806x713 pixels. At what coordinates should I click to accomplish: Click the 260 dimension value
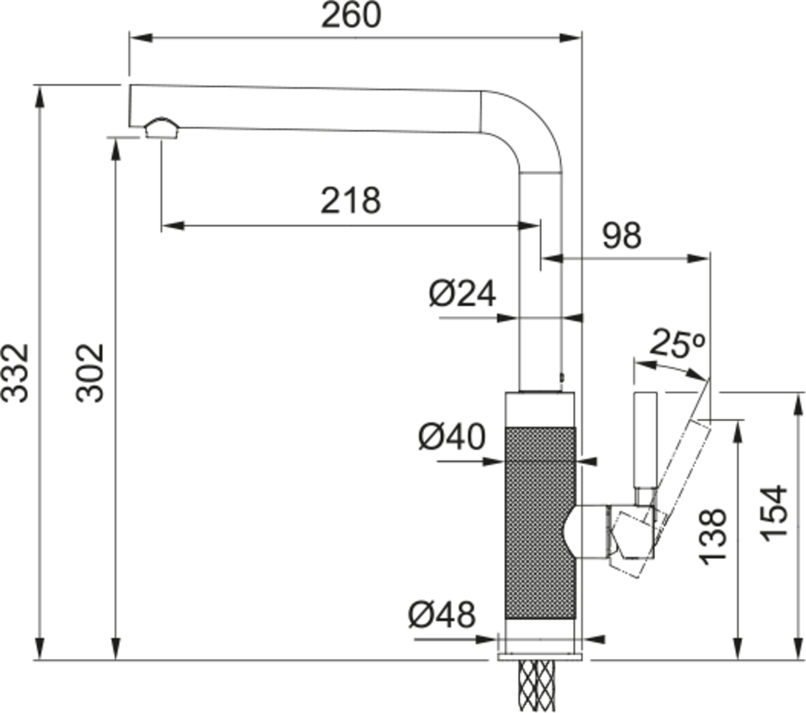pos(351,15)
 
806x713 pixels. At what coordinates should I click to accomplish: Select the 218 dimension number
pos(350,201)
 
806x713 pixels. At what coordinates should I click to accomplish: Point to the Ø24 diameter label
pos(462,293)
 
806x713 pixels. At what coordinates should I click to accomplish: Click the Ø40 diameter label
pos(451,437)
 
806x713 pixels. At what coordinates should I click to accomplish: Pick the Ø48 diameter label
pos(442,614)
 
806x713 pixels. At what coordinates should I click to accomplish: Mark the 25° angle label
pos(676,343)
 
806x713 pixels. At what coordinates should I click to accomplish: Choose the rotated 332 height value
pos(15,372)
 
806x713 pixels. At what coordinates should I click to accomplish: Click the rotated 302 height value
pos(89,372)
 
